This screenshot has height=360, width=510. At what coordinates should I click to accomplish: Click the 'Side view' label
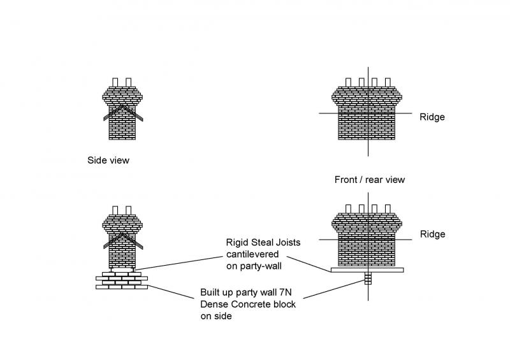coord(108,161)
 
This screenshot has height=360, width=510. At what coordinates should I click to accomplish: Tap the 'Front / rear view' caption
coord(370,180)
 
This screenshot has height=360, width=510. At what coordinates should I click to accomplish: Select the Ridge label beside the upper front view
coord(432,117)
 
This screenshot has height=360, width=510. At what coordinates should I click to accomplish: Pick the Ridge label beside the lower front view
coord(432,234)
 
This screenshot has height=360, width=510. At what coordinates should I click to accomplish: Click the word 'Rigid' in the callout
coord(238,242)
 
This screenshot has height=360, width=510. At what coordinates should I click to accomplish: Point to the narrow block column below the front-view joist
coord(367,278)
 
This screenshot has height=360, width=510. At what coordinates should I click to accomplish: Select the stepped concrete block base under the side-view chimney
coord(122,280)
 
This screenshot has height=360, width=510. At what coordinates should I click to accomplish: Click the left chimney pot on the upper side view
coord(115,82)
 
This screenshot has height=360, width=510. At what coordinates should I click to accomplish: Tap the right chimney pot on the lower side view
coord(129,210)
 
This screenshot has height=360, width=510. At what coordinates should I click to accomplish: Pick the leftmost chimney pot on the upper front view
coord(349,82)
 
